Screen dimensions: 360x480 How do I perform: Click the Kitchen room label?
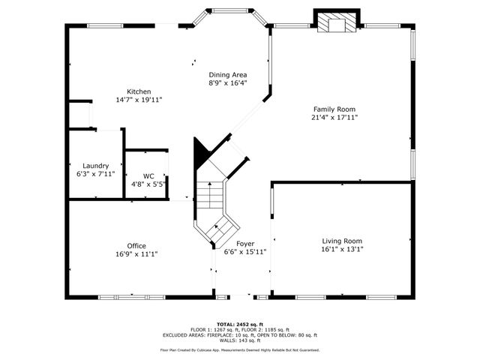(x=139, y=91)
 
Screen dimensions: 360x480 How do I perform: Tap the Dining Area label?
(x=227, y=75)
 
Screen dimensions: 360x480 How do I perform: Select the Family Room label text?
(x=334, y=109)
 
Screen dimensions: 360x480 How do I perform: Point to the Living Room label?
(x=342, y=241)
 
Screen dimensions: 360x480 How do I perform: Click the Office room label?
(x=136, y=246)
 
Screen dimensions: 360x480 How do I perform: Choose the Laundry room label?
(x=95, y=166)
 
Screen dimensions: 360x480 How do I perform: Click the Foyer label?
(x=244, y=244)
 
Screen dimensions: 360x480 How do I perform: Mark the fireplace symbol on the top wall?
(x=334, y=23)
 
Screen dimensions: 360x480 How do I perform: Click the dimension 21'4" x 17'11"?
(x=334, y=117)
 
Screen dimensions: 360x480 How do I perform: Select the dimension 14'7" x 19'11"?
(x=139, y=100)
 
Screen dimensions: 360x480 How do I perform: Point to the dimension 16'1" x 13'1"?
(x=342, y=250)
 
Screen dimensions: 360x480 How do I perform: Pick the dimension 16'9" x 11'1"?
(x=136, y=254)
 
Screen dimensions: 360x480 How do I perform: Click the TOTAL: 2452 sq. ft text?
(x=240, y=323)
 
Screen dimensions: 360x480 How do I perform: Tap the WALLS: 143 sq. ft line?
(x=240, y=340)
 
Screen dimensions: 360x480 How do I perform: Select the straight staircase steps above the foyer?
(x=211, y=196)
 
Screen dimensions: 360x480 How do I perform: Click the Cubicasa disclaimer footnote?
(x=240, y=349)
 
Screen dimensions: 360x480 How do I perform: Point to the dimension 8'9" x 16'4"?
(x=227, y=83)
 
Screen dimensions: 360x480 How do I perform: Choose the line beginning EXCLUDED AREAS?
(x=240, y=335)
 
